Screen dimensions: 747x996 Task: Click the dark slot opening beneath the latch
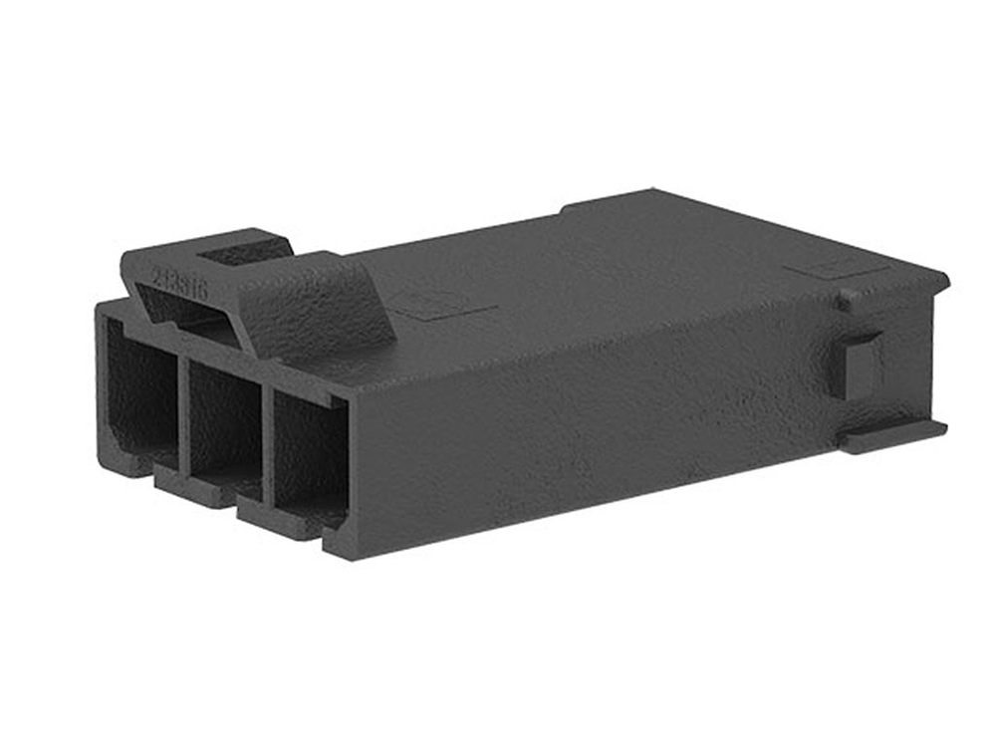pos(199,317)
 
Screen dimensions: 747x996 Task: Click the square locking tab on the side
pos(863,364)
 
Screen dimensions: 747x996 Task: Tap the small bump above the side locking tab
pos(848,297)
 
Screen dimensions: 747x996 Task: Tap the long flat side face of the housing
pos(598,418)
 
